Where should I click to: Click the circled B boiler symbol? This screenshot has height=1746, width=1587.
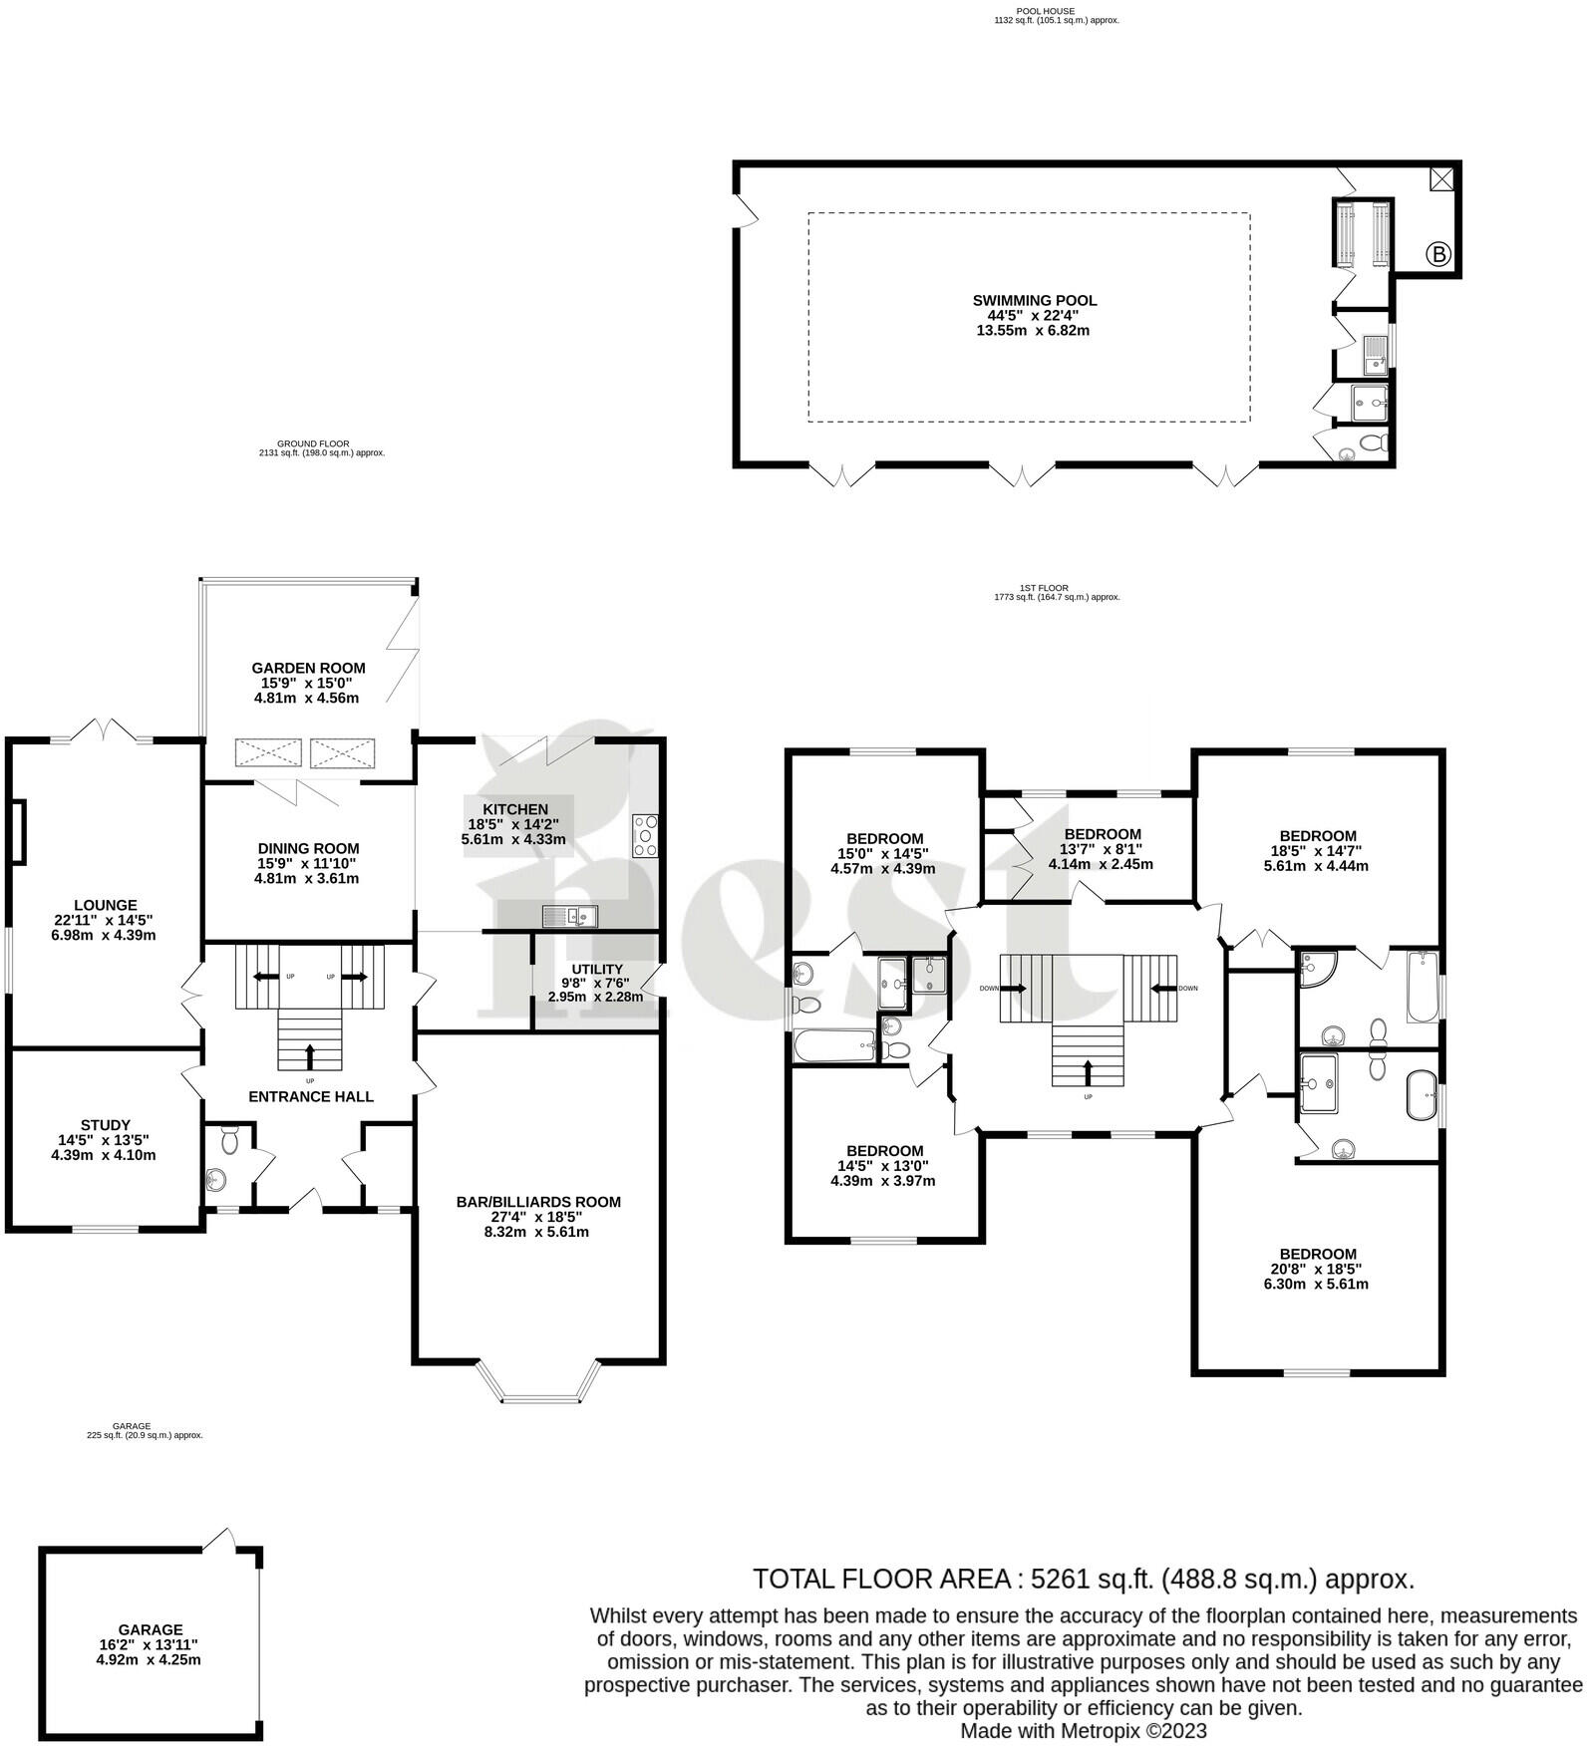[1438, 254]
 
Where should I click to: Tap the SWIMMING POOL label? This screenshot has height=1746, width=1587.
[1034, 300]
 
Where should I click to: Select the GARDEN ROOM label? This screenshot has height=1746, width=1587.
[308, 668]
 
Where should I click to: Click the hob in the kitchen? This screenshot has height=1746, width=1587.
[645, 836]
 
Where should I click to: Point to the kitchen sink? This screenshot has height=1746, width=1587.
[569, 915]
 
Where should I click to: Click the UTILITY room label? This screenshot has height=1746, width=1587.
[596, 969]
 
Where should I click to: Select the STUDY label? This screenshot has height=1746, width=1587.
[106, 1125]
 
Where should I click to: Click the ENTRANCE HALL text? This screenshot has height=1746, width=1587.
[311, 1096]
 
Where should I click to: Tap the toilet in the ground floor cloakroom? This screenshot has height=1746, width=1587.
[229, 1139]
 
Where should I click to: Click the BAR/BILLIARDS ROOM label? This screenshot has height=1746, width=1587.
[538, 1202]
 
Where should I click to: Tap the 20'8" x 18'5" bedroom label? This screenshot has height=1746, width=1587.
[1318, 1269]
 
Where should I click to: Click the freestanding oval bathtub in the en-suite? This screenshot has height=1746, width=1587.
[1420, 1095]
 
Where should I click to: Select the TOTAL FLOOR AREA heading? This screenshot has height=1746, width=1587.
[881, 1580]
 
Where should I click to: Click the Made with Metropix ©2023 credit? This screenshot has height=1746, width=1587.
[1083, 1731]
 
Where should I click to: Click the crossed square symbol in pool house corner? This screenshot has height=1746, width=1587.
[1441, 179]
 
